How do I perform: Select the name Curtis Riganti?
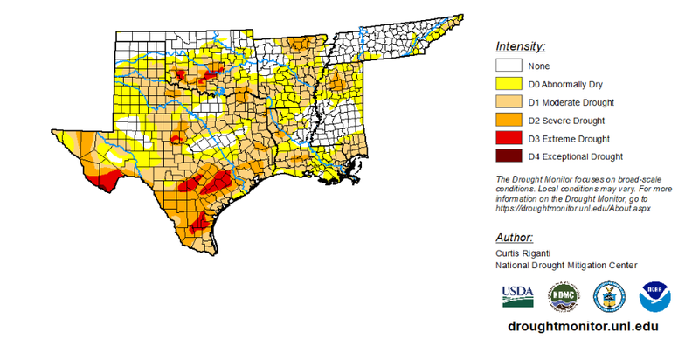[522, 253]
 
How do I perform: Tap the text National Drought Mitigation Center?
[566, 265]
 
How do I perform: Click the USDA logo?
[517, 296]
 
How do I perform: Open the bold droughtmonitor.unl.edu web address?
[582, 325]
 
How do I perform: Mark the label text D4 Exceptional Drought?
[574, 157]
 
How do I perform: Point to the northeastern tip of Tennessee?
[460, 17]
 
